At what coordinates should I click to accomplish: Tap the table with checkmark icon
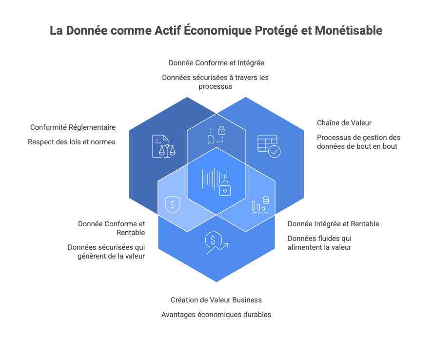click(268, 145)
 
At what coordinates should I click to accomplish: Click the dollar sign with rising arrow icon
click(216, 243)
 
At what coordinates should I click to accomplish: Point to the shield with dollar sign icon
click(172, 204)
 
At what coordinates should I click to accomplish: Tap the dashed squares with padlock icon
click(216, 135)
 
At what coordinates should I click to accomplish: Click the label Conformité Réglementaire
click(73, 127)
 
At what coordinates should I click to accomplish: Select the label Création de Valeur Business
click(216, 300)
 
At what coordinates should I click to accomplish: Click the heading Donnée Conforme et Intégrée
click(216, 63)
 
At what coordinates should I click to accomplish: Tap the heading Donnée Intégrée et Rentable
click(333, 224)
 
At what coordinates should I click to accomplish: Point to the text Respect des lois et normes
click(72, 142)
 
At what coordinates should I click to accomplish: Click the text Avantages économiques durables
click(216, 315)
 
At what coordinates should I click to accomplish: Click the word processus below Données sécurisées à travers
click(215, 86)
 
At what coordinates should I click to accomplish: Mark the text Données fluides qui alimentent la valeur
click(319, 243)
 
